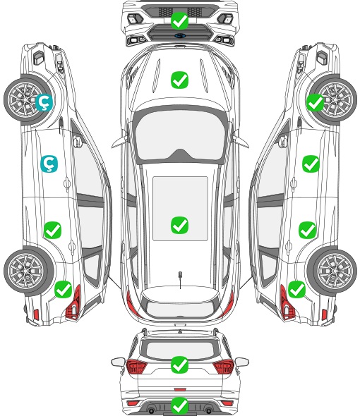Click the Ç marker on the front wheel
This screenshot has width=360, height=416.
[44, 102]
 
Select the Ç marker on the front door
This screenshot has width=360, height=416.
[49, 164]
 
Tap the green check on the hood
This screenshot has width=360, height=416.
[179, 80]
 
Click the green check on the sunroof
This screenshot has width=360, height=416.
[179, 225]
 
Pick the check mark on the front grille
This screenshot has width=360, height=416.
[179, 20]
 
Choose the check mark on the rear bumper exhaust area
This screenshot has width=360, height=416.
[179, 405]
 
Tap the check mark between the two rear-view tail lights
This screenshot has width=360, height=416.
[179, 365]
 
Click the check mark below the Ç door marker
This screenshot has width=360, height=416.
[53, 230]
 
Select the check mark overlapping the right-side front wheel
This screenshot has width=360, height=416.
[316, 102]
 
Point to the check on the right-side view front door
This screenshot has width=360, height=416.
[311, 164]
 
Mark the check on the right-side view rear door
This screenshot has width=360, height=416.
[307, 230]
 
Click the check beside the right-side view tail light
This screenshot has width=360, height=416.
[296, 289]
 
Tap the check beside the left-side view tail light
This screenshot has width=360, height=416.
[64, 289]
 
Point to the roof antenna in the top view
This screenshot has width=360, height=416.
[180, 278]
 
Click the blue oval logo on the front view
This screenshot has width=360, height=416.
[179, 35]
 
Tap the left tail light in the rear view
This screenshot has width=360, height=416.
[136, 366]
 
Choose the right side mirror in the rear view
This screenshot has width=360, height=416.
[242, 362]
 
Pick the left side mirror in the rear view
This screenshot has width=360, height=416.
[118, 362]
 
